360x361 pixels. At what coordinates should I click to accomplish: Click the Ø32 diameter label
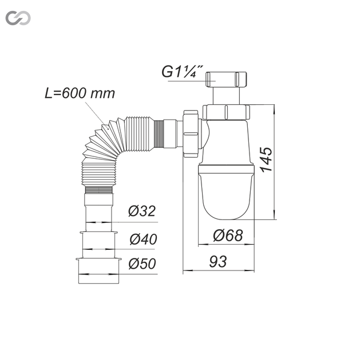pos(142,211)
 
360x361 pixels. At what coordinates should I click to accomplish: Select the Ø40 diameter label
pos(143,239)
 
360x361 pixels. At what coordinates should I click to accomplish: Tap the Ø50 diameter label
pos(143,264)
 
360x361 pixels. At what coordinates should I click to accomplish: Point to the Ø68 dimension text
pos(228,236)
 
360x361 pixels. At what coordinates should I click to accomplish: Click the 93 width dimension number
pos(217,261)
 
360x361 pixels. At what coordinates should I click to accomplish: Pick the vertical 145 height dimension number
pos(266,159)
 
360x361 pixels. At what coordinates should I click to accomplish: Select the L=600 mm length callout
pos(80,93)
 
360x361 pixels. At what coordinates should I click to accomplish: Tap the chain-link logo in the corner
pos(18,18)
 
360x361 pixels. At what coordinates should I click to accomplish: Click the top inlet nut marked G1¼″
pos(226,80)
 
